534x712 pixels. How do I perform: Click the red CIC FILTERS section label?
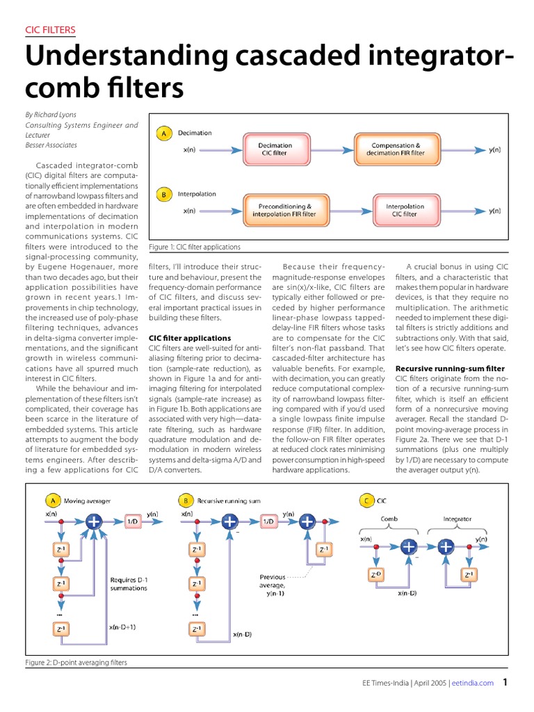tap(50, 30)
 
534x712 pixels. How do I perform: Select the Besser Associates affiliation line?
tap(51, 145)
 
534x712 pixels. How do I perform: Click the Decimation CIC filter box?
tap(275, 149)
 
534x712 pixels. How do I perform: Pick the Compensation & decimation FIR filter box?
tap(394, 149)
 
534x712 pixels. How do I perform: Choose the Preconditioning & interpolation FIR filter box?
tap(285, 210)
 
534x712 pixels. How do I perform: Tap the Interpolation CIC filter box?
tap(405, 210)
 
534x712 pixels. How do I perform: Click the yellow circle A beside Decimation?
tap(164, 133)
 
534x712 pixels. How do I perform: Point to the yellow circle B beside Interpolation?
tap(164, 195)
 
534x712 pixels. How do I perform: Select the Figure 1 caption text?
tap(195, 247)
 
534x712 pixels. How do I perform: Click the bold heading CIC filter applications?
tap(190, 338)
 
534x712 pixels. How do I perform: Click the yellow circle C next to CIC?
tap(366, 500)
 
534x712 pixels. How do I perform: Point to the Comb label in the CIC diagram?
tap(389, 519)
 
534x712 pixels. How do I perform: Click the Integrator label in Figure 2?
tap(457, 519)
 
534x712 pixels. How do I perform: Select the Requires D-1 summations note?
tap(129, 583)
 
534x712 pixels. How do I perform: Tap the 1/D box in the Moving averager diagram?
tap(132, 520)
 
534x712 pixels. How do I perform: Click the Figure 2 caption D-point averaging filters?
tap(76, 663)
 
